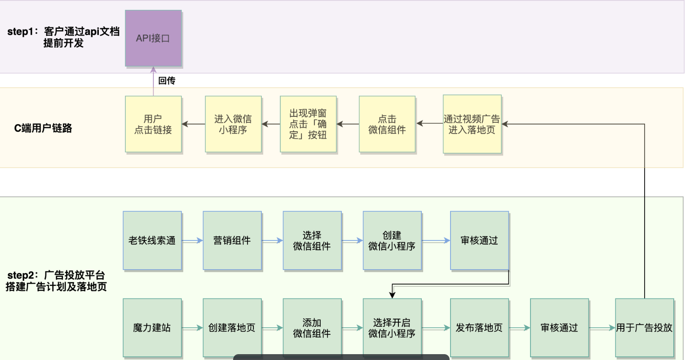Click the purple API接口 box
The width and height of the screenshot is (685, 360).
(x=153, y=39)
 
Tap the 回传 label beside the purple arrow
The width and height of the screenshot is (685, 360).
(x=167, y=81)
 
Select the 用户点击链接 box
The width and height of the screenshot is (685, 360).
(x=153, y=124)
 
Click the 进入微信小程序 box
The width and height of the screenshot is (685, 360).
(x=233, y=124)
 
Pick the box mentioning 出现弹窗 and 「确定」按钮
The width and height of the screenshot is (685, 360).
(x=308, y=124)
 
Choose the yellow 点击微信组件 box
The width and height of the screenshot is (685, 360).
(x=387, y=124)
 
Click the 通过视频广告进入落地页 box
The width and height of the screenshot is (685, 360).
(x=472, y=124)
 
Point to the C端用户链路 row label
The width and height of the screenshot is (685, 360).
(x=43, y=129)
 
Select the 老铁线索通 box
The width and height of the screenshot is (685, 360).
(x=152, y=241)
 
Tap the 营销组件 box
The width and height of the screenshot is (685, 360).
(x=232, y=241)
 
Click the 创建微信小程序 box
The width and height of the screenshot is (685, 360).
(x=392, y=241)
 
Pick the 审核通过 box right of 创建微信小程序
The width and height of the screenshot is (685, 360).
(x=479, y=241)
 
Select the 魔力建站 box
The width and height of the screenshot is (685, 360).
(x=152, y=328)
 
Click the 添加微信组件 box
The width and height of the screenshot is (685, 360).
(x=312, y=328)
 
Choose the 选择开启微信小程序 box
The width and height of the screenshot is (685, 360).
(x=392, y=328)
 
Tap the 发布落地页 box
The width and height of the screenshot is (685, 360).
(x=479, y=328)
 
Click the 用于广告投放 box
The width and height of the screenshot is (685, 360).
(x=645, y=328)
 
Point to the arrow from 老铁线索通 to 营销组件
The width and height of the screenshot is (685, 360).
(x=192, y=241)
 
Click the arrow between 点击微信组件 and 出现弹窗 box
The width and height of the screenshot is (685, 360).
(x=348, y=124)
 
